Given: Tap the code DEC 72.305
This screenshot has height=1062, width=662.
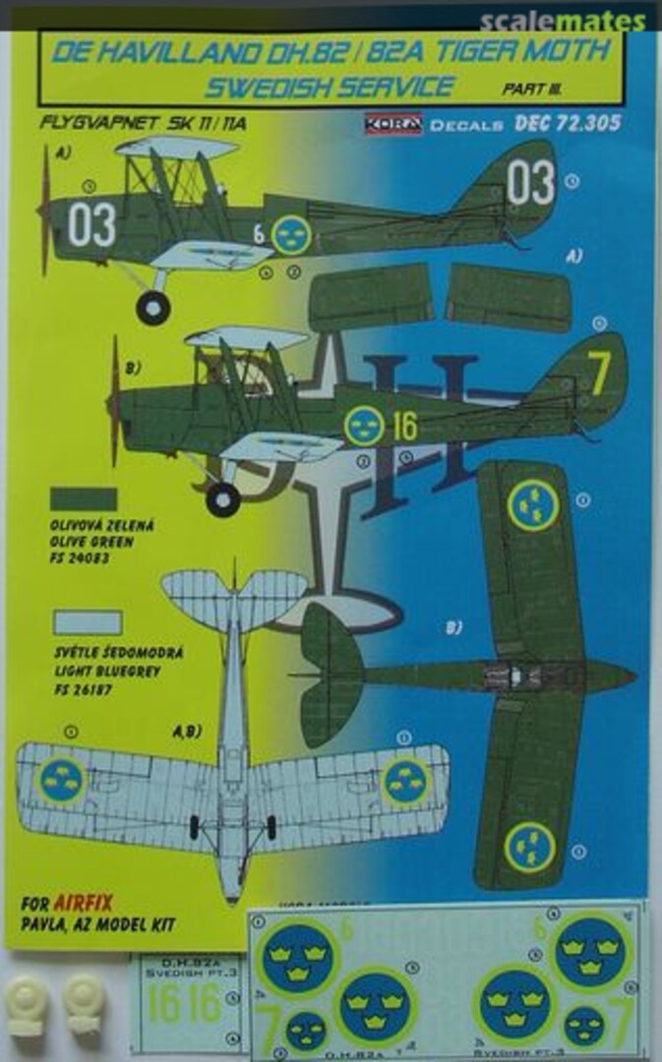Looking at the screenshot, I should (568, 124).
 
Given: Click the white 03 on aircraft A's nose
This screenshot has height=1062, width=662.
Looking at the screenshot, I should (90, 225).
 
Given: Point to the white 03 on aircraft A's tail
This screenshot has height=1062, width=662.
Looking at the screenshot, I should (531, 184).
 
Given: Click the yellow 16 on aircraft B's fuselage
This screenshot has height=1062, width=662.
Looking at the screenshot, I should (403, 426).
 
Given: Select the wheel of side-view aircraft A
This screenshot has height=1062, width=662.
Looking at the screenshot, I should (152, 308).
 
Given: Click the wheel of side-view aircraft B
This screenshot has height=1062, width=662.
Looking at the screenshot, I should (222, 500).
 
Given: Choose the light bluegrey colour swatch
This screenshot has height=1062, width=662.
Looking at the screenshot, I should (88, 621).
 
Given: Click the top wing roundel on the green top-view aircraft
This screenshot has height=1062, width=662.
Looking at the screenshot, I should (533, 504).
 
